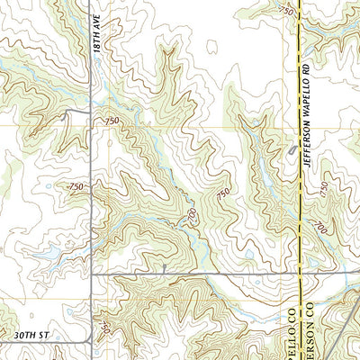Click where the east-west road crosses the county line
click(x=299, y=273)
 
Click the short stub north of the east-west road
click(x=165, y=268)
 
